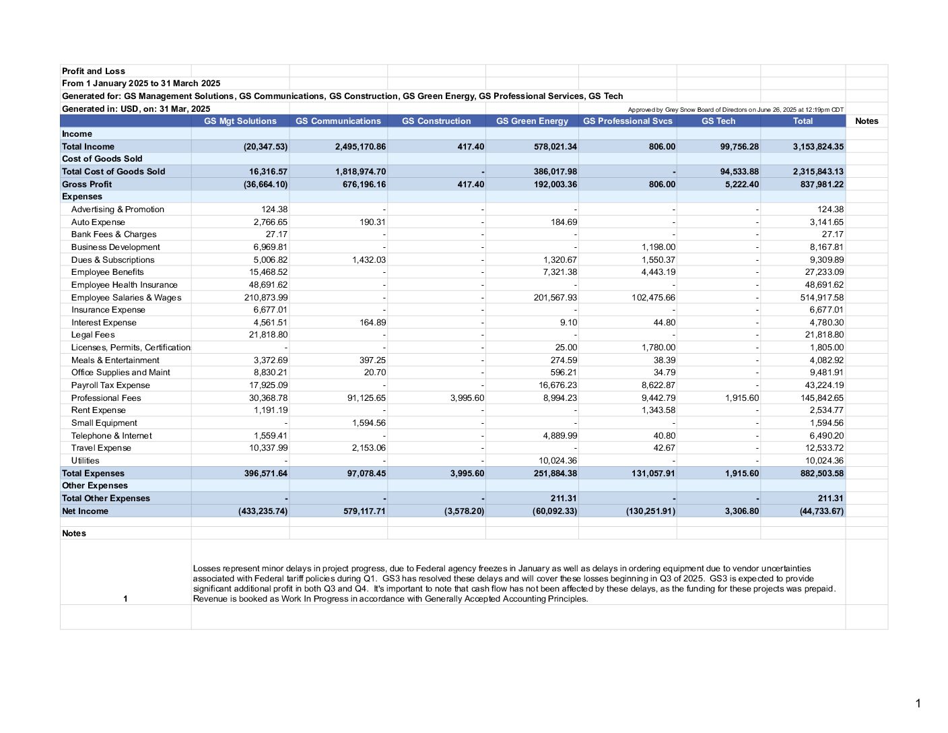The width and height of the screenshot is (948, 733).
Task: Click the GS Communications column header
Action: coord(338,121)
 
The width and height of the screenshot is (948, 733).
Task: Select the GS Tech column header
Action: coord(718,121)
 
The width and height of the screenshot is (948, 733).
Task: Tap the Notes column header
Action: coord(867,121)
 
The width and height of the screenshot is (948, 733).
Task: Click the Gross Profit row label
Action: coord(87,184)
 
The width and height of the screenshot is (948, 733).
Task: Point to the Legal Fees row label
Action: coord(93,335)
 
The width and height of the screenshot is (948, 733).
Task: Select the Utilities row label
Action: coord(85,461)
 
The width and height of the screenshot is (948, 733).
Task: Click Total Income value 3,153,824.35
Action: coord(818,146)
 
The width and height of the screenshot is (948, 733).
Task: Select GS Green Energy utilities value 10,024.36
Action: coord(555,461)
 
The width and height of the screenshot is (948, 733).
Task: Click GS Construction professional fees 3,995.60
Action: coord(467,398)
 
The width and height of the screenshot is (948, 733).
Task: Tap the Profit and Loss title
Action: coord(94,71)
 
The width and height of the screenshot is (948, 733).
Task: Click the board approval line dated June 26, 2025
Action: coord(735,109)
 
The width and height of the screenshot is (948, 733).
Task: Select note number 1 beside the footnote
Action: coord(125,598)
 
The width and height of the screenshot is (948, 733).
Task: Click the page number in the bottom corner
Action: coord(918,703)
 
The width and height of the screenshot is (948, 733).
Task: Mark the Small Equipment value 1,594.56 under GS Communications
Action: coord(369,423)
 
